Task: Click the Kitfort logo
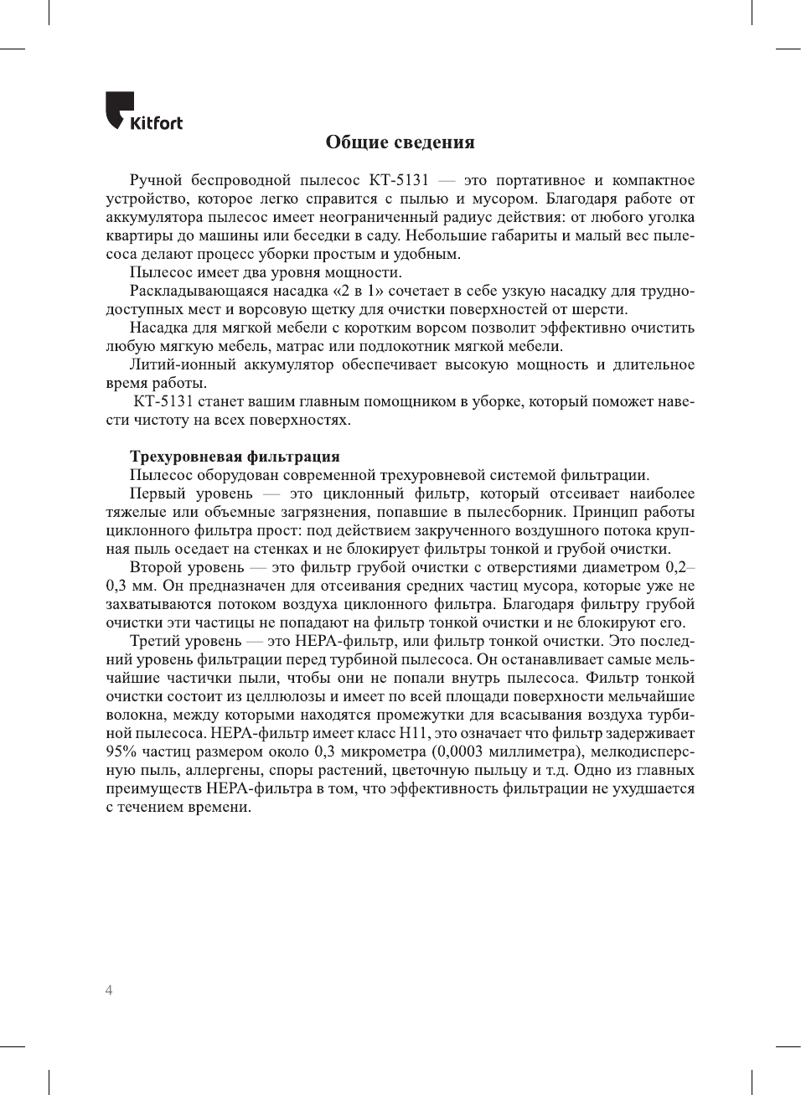tap(143, 112)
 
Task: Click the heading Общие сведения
tap(400, 142)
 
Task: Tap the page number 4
tap(109, 990)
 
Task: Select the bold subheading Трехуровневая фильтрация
tap(235, 457)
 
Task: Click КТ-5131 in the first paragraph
tap(399, 180)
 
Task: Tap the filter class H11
tap(414, 733)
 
